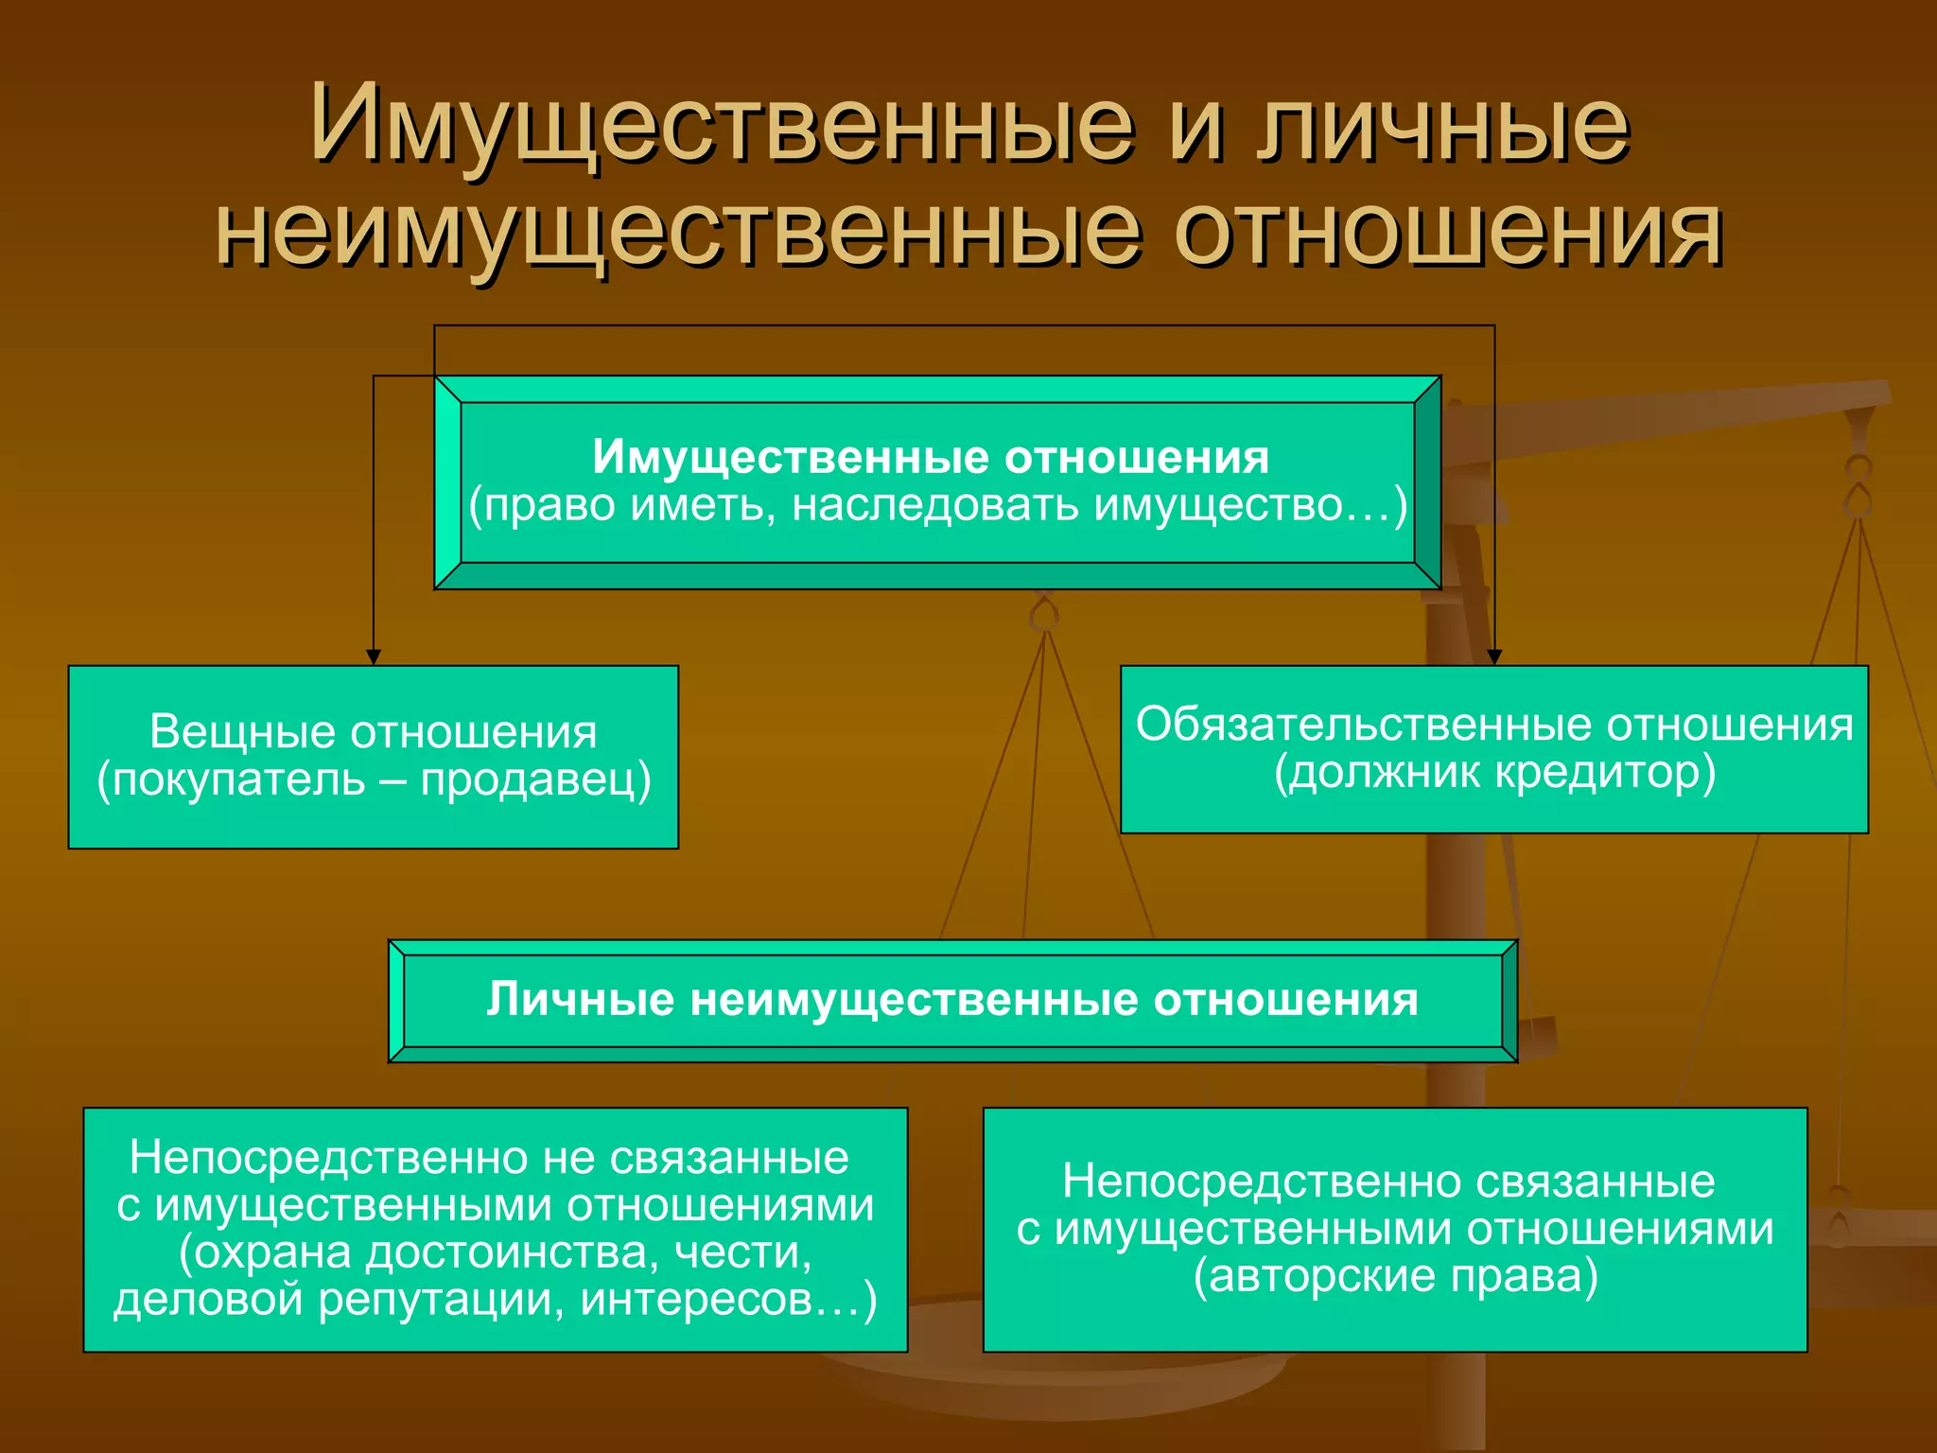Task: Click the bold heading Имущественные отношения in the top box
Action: (931, 457)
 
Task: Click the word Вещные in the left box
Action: (243, 731)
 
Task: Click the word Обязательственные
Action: (1364, 725)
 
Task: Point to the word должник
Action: (1377, 772)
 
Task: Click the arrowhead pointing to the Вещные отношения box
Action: (374, 656)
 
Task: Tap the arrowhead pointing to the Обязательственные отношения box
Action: (1494, 656)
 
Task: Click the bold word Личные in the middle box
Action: (581, 1000)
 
